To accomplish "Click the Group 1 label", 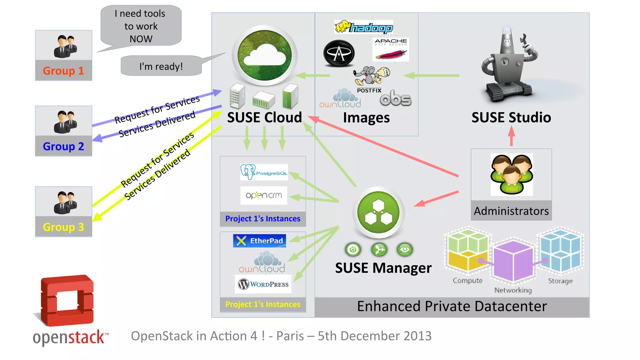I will [x=63, y=71].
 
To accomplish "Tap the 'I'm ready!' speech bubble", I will [x=161, y=66].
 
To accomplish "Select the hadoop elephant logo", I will [x=364, y=27].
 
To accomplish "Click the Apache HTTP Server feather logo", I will [x=391, y=50].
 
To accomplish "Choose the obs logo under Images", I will [x=396, y=99].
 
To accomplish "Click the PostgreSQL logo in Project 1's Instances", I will [x=264, y=172].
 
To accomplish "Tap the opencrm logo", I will [x=264, y=196].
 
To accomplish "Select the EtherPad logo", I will [x=259, y=241].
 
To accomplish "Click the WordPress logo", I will [x=263, y=284].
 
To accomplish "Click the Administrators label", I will [x=511, y=211].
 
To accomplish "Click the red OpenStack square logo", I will [x=67, y=300].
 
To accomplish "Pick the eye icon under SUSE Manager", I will [x=405, y=249].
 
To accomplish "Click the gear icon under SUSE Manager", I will [x=353, y=250].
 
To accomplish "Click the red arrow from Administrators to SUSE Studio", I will [x=511, y=136].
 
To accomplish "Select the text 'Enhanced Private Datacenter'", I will [x=452, y=306].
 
